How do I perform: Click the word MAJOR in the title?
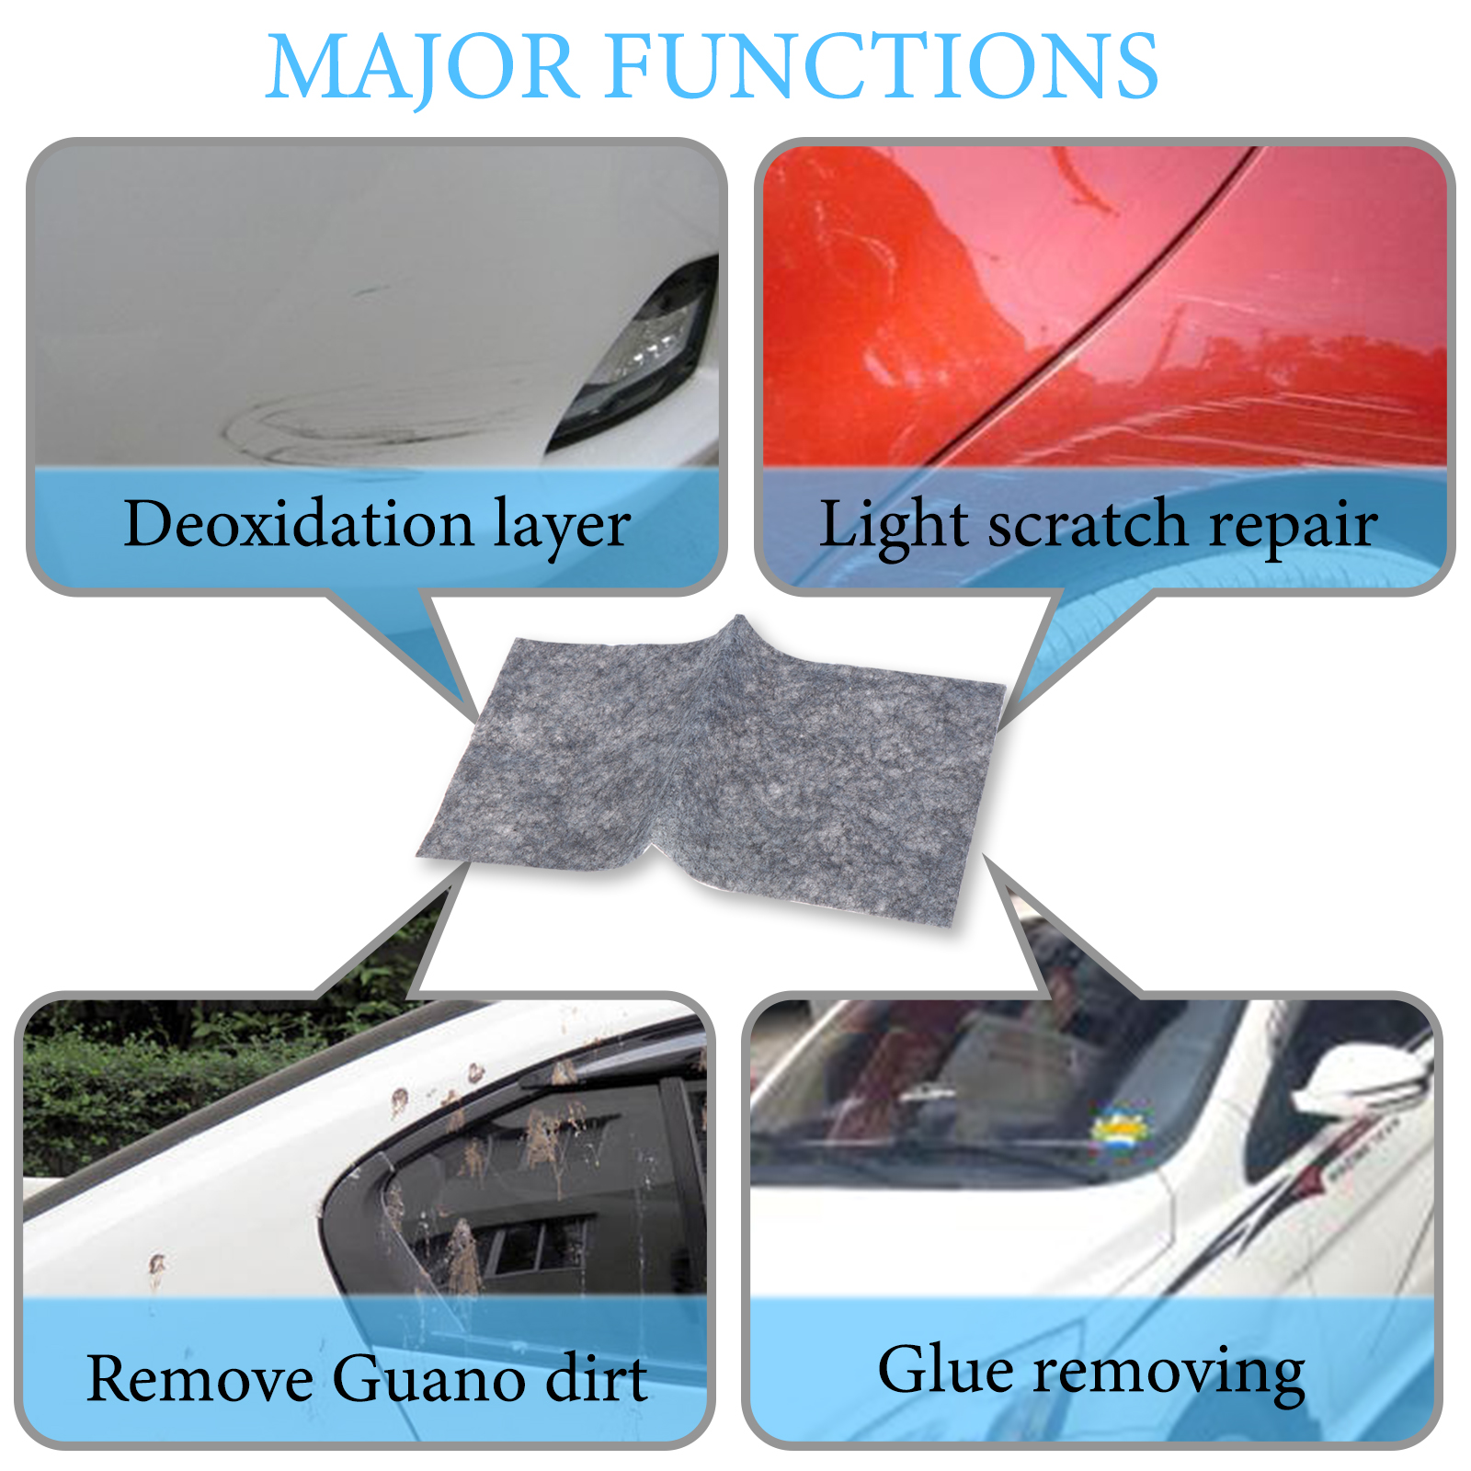point(422,66)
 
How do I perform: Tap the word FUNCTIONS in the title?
point(883,65)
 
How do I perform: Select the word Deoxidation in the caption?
point(299,523)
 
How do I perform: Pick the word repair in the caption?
point(1293,528)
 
